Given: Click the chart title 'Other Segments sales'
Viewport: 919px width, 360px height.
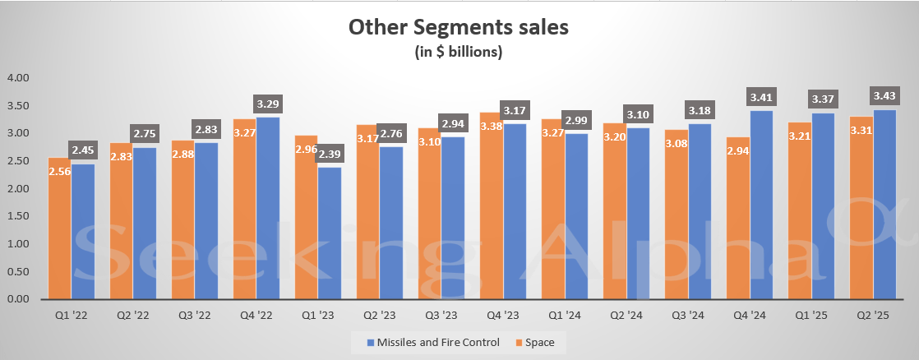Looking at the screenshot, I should [x=459, y=27].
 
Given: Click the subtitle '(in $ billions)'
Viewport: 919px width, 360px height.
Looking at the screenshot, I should [x=459, y=52].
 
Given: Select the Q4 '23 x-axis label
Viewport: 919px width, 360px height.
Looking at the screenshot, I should [x=502, y=315].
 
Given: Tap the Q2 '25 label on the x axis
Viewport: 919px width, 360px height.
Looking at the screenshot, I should [x=872, y=315].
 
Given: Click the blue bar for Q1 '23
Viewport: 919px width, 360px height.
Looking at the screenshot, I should [x=329, y=233].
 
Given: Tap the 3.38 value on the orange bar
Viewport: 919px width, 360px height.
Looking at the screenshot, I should [x=490, y=126].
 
